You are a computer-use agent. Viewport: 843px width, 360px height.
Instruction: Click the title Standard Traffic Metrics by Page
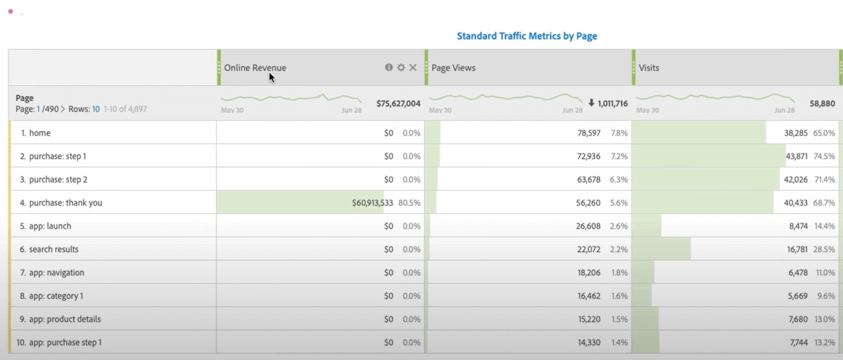pos(527,36)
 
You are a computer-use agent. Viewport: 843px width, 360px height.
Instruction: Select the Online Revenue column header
pos(255,67)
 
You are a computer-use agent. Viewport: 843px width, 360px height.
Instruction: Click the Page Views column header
pos(453,67)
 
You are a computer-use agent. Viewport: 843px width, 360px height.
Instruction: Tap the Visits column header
pos(649,67)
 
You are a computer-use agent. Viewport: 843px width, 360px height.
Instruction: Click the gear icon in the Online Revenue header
pos(401,67)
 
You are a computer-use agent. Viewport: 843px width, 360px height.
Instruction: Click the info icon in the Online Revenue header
pos(389,67)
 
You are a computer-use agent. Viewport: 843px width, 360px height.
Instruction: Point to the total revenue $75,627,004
pos(398,103)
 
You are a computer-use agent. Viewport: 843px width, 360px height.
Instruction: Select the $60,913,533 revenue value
pos(373,203)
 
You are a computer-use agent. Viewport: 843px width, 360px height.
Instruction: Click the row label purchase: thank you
pos(65,203)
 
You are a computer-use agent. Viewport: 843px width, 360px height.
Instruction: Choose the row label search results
pos(54,249)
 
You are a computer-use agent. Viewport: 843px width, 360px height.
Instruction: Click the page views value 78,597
pos(589,133)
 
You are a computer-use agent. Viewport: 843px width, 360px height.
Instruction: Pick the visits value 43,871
pos(796,157)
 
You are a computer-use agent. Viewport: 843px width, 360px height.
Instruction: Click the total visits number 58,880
pos(822,103)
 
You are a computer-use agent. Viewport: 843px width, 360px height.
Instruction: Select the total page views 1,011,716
pos(612,103)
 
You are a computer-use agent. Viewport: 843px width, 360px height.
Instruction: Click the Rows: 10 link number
pos(96,109)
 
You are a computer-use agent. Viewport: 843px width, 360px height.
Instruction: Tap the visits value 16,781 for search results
pos(797,249)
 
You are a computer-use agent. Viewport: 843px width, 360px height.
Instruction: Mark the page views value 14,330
pos(589,343)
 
